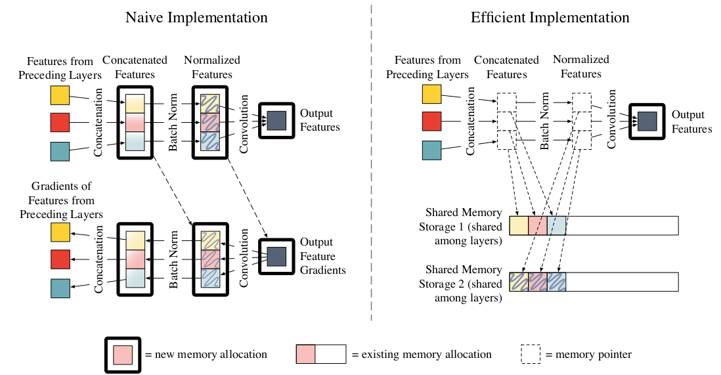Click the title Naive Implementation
pyautogui.click(x=196, y=17)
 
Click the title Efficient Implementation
pyautogui.click(x=550, y=17)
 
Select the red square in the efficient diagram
pyautogui.click(x=431, y=121)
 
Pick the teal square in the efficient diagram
pyautogui.click(x=431, y=151)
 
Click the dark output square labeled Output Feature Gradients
pyautogui.click(x=276, y=255)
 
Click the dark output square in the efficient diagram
pyautogui.click(x=647, y=121)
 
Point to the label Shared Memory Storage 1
pyautogui.click(x=464, y=227)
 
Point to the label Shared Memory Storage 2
pyautogui.click(x=464, y=284)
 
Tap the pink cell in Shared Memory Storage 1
pyautogui.click(x=537, y=225)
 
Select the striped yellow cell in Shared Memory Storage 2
pyautogui.click(x=519, y=282)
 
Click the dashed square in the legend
pyautogui.click(x=531, y=354)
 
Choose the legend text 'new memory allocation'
pyautogui.click(x=206, y=354)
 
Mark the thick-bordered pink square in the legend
pyautogui.click(x=123, y=354)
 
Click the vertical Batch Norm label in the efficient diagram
pyautogui.click(x=544, y=121)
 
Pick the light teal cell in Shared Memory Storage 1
pyautogui.click(x=556, y=225)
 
